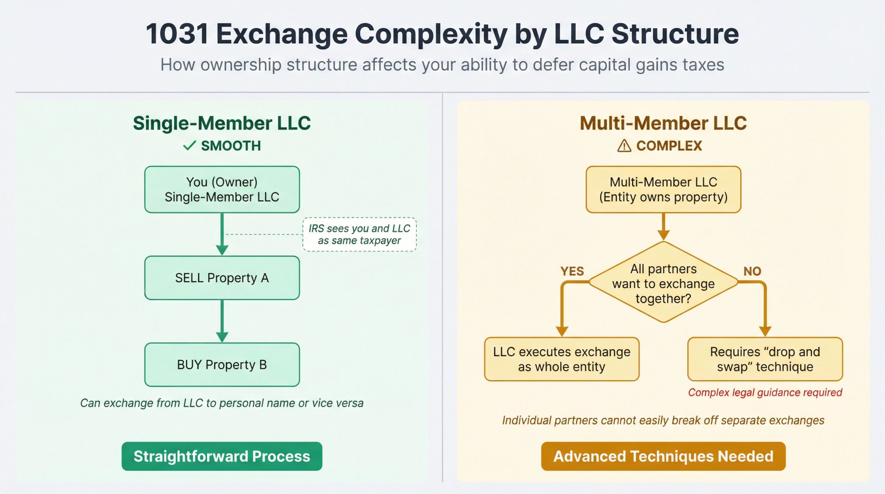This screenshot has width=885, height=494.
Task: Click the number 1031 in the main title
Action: click(177, 34)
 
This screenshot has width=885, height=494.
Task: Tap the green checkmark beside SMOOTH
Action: click(189, 146)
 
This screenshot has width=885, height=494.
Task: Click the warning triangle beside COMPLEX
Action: click(624, 146)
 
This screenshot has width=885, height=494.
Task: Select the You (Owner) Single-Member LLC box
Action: click(222, 189)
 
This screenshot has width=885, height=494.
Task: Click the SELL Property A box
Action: click(222, 278)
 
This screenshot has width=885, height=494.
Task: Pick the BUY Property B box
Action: click(222, 365)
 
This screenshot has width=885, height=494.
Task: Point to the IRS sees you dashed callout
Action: click(359, 235)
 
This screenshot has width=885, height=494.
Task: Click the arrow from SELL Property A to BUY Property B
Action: click(222, 321)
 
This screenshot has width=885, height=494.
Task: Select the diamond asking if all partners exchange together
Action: click(663, 283)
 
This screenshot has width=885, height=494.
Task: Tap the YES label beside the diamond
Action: click(572, 271)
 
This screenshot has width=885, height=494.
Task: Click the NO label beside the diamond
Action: click(752, 271)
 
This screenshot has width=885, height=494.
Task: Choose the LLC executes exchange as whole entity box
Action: click(562, 359)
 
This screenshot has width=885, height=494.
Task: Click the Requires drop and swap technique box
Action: click(765, 359)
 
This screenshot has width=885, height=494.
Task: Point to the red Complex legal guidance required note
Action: click(765, 393)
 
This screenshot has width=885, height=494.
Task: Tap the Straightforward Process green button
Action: click(222, 456)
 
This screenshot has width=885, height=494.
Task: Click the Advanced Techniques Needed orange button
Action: click(663, 456)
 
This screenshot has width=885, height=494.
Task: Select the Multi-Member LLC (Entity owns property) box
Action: click(663, 189)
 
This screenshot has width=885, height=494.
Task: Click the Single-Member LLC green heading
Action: click(222, 123)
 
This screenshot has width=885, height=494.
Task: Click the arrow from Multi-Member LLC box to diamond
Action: click(663, 227)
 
